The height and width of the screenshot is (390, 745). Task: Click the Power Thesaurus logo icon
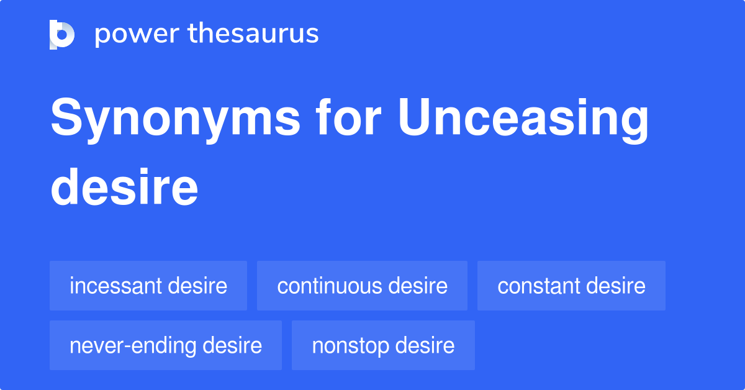click(x=62, y=34)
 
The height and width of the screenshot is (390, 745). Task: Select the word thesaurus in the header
click(x=253, y=34)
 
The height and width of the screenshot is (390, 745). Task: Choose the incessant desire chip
click(x=148, y=286)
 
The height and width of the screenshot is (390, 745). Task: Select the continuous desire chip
click(x=362, y=286)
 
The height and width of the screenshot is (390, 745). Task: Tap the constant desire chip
click(x=571, y=286)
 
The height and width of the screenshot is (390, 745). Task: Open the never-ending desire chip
click(x=166, y=345)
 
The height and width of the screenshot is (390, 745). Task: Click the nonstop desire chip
click(x=383, y=345)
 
